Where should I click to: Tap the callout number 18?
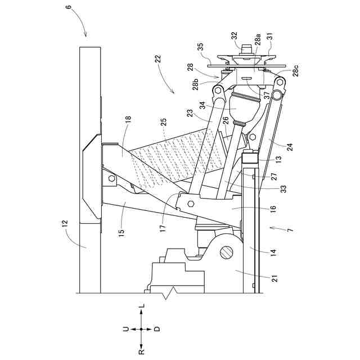point(127,119)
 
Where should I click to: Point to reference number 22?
point(158,58)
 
